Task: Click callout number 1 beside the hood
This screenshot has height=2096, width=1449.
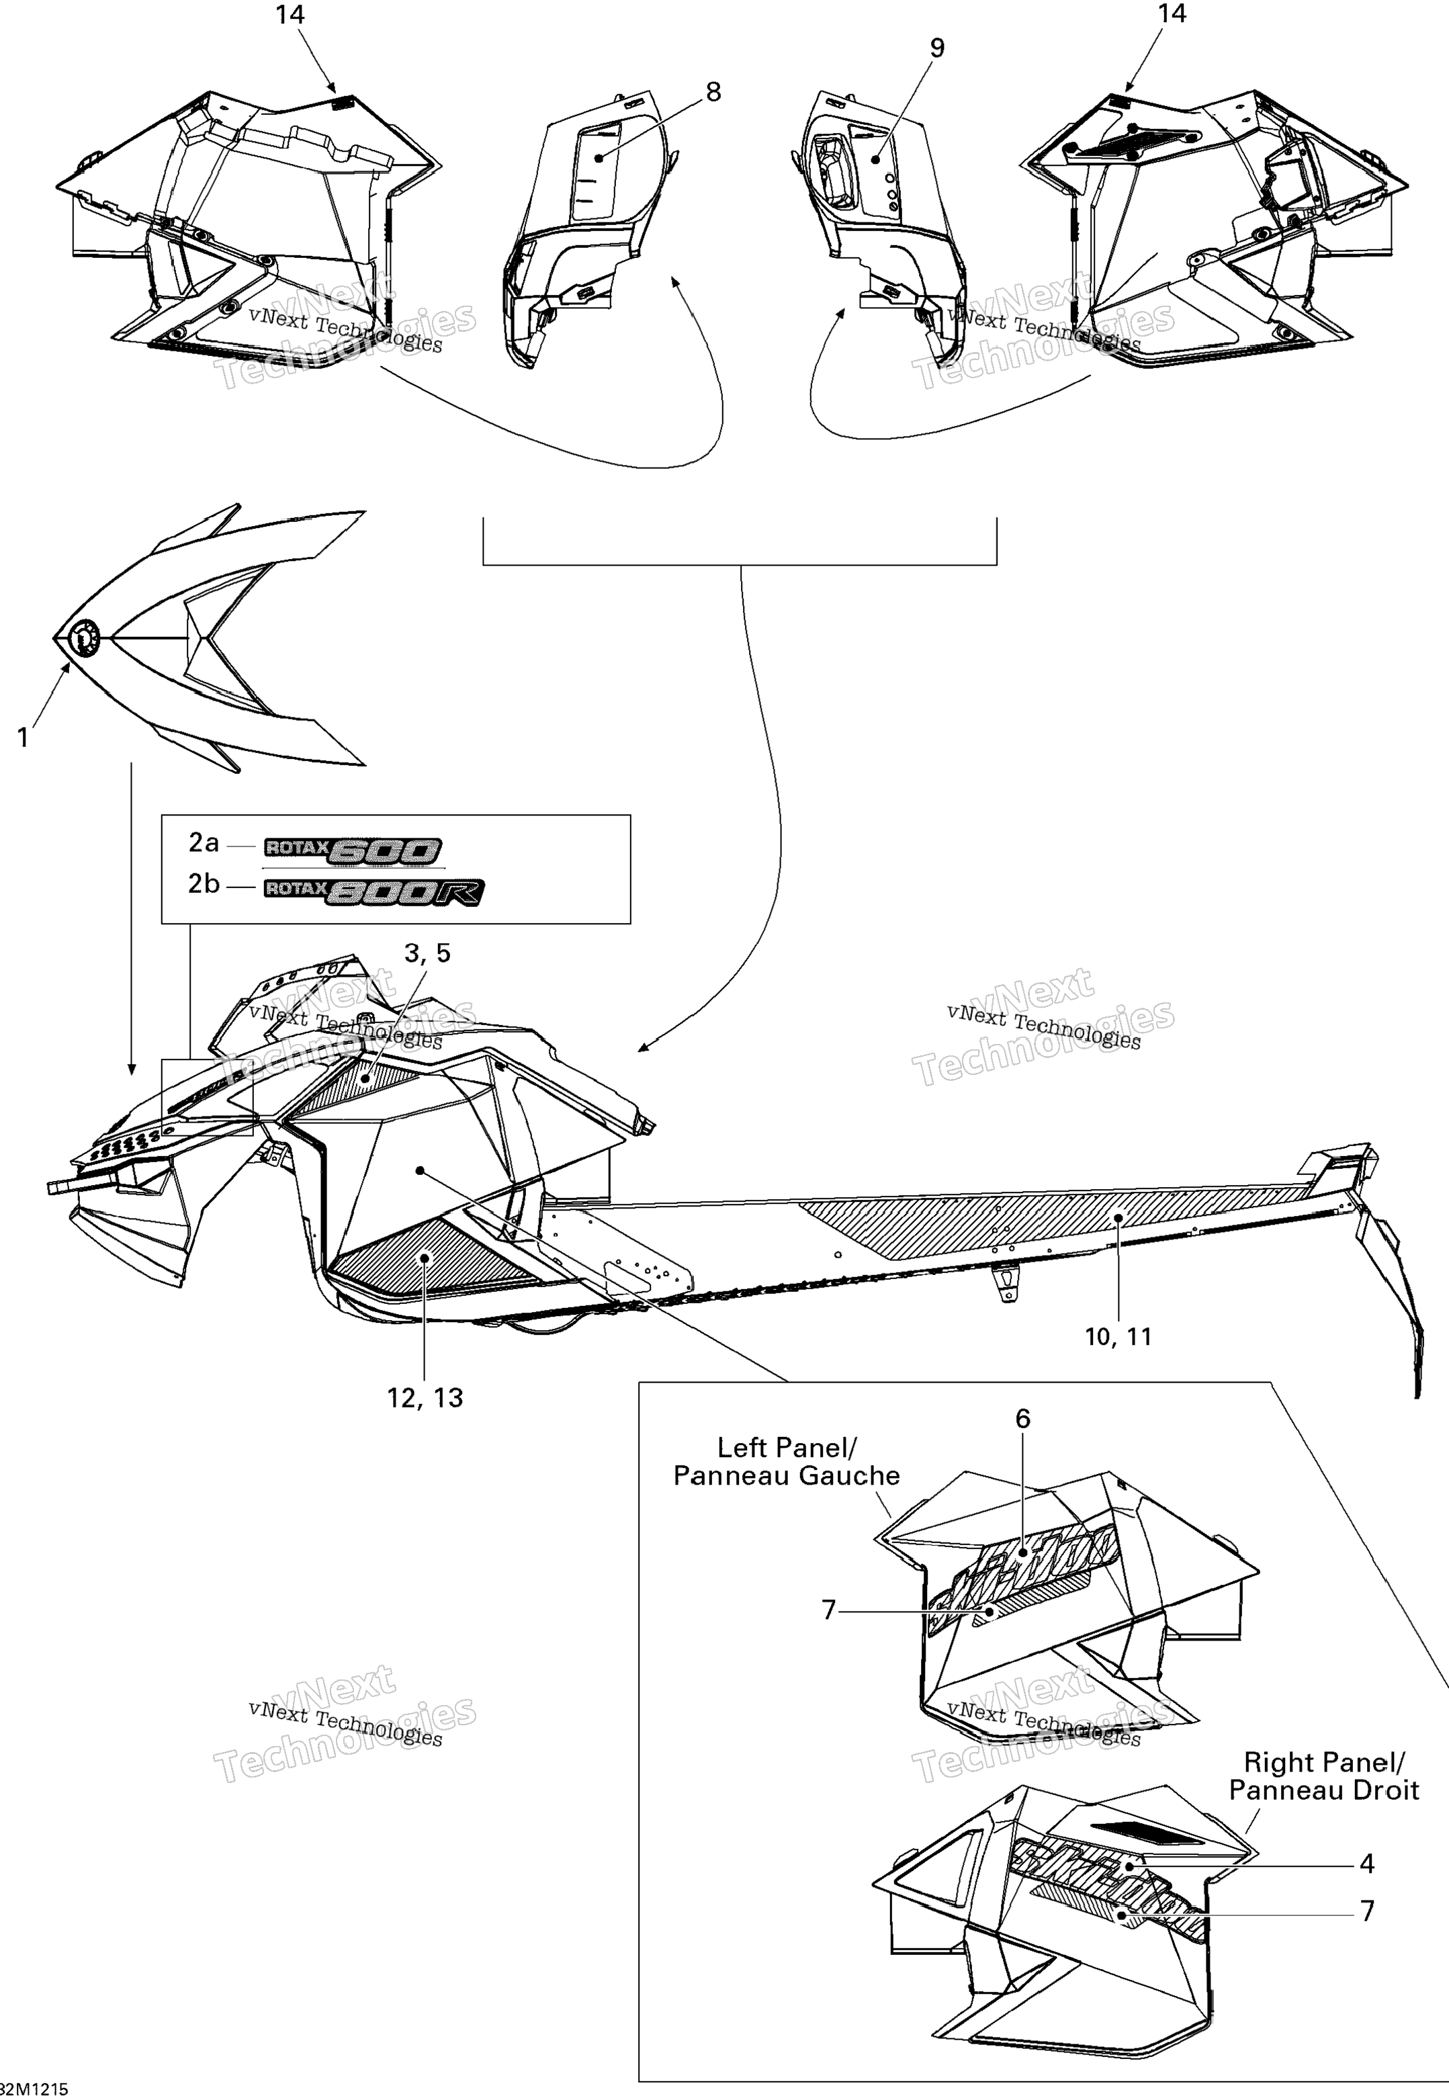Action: [24, 738]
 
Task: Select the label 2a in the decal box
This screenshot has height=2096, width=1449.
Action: [204, 843]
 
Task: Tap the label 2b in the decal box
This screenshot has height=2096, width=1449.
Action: [204, 883]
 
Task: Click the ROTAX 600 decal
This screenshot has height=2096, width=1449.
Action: [352, 850]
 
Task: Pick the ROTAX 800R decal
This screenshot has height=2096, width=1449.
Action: [373, 891]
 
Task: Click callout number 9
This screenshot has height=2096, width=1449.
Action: [937, 48]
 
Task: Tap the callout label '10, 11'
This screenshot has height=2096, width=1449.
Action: [1118, 1336]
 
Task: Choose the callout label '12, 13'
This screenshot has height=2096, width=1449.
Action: [425, 1398]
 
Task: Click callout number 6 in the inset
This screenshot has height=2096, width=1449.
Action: [1022, 1418]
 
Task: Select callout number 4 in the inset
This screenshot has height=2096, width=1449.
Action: [1366, 1864]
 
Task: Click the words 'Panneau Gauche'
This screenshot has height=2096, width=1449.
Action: [786, 1476]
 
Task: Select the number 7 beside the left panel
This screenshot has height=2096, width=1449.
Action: [828, 1610]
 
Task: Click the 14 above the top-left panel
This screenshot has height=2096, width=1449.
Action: [290, 15]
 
